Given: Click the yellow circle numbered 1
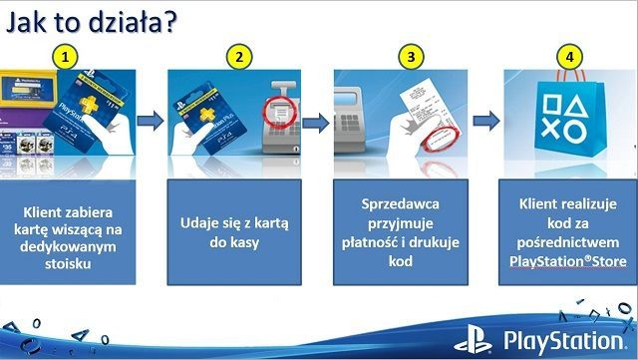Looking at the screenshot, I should click(x=67, y=58).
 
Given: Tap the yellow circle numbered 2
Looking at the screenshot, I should click(x=237, y=58).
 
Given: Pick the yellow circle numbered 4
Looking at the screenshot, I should click(x=569, y=58).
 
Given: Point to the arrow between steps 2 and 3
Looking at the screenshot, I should click(x=317, y=122).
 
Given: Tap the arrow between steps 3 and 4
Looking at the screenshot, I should click(x=485, y=122).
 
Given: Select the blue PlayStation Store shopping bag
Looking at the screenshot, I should click(x=566, y=118).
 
